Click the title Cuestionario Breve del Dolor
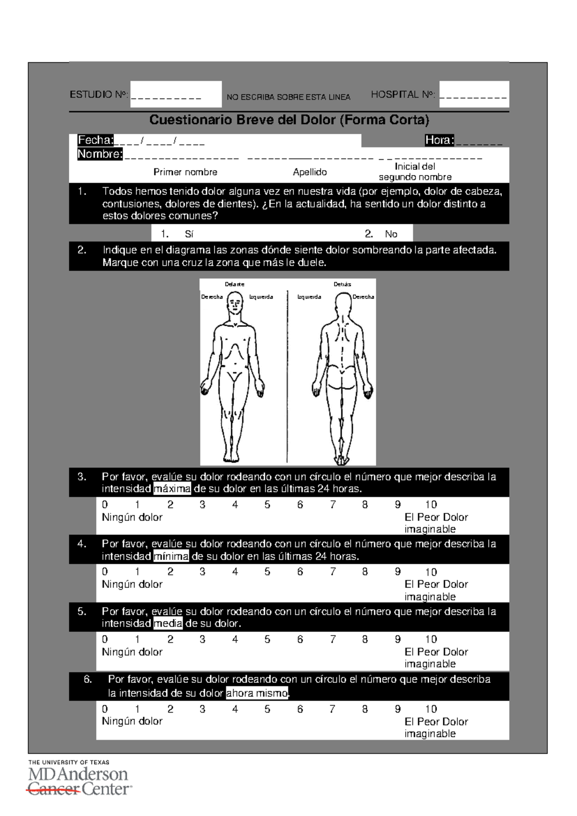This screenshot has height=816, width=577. (289, 120)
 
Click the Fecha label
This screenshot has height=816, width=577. (96, 140)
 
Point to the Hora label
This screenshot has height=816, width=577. (439, 140)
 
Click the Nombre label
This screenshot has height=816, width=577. (100, 154)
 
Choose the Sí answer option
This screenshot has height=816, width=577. (188, 234)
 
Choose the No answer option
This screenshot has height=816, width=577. (390, 234)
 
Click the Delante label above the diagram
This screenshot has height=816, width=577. (235, 284)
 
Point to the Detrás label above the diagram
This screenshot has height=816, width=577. (342, 284)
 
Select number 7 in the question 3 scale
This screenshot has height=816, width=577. (333, 505)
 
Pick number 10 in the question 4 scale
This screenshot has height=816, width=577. (431, 572)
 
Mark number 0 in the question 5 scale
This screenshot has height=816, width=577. (105, 639)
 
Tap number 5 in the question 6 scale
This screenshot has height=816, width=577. (267, 709)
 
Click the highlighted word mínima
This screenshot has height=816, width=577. (171, 557)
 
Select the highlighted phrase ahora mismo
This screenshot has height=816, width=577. (257, 693)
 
